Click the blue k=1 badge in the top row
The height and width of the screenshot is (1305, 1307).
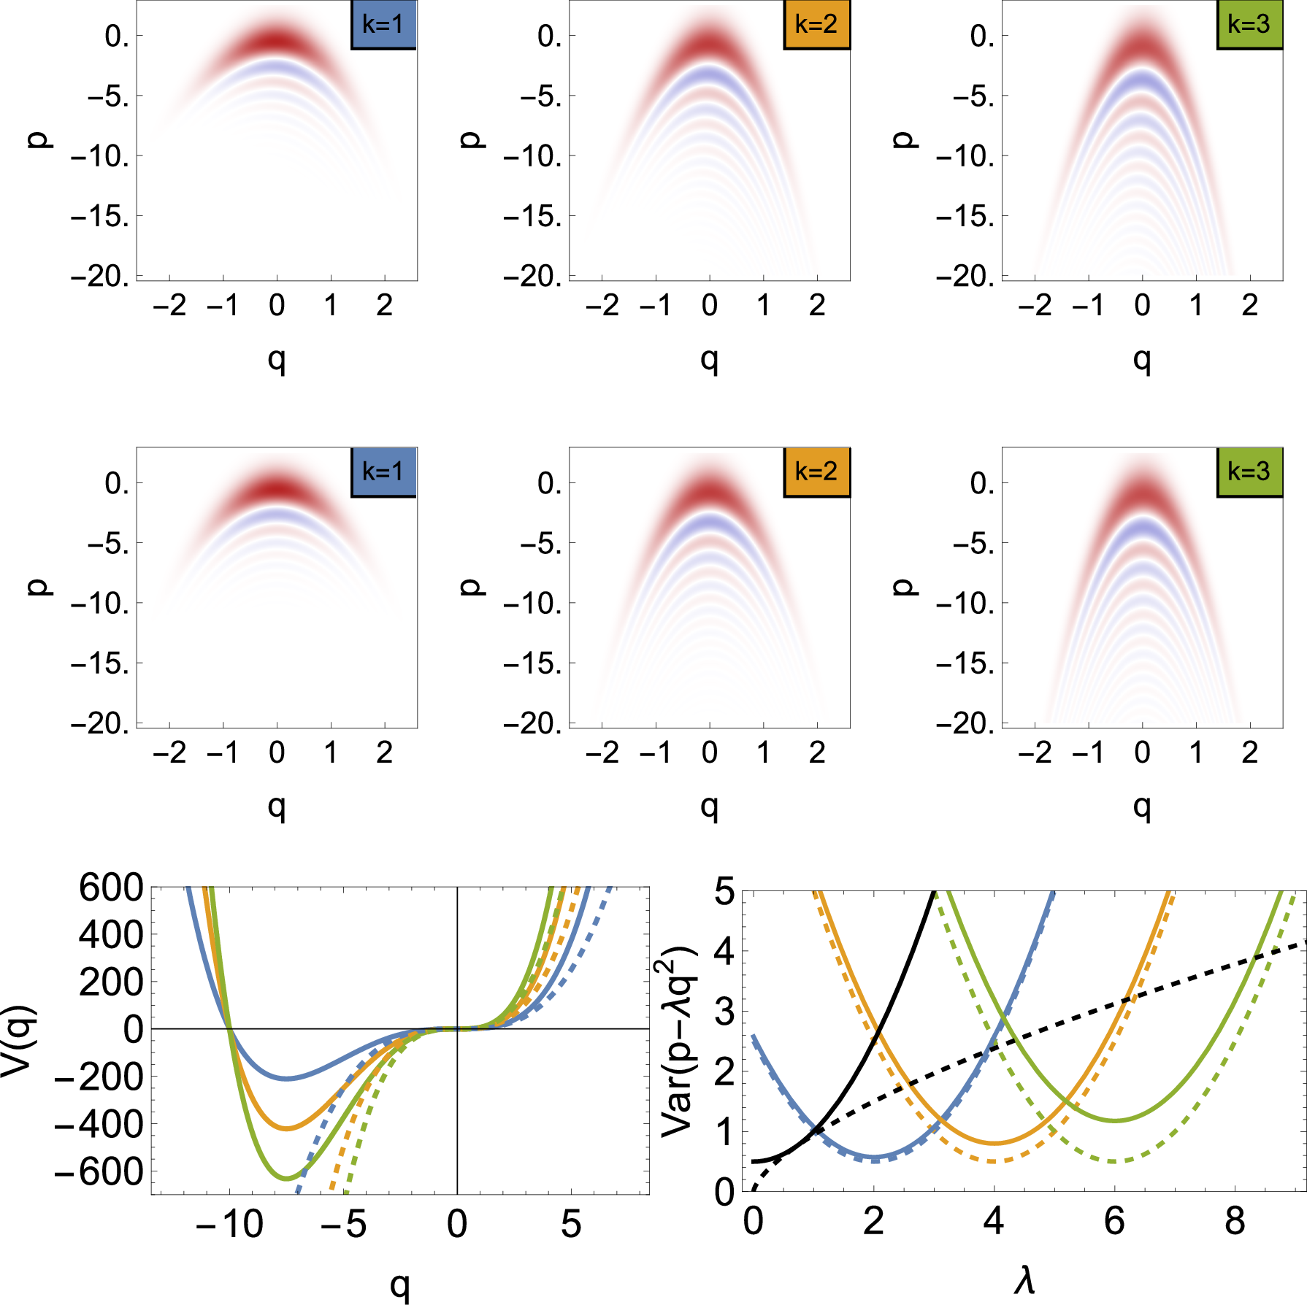point(383,25)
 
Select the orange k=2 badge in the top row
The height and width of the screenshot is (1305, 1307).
point(816,25)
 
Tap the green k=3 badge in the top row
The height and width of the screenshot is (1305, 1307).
point(1249,25)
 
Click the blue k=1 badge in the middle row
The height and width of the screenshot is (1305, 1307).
point(383,472)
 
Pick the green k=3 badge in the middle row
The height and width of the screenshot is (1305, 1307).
point(1249,472)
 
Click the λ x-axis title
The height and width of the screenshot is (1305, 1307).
point(1024,1281)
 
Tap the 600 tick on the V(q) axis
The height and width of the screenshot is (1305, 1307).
point(111,888)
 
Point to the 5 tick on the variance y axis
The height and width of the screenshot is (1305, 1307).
point(724,891)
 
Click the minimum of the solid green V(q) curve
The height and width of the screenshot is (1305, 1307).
point(287,1179)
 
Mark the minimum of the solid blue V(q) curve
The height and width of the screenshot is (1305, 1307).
point(287,1079)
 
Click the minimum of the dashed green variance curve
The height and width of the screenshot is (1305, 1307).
point(1114,1161)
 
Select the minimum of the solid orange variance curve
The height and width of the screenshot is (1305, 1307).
point(994,1143)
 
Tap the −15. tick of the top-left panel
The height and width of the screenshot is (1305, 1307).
point(100,217)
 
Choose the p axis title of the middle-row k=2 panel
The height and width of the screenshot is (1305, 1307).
point(472,587)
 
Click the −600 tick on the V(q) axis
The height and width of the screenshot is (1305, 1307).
point(99,1172)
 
